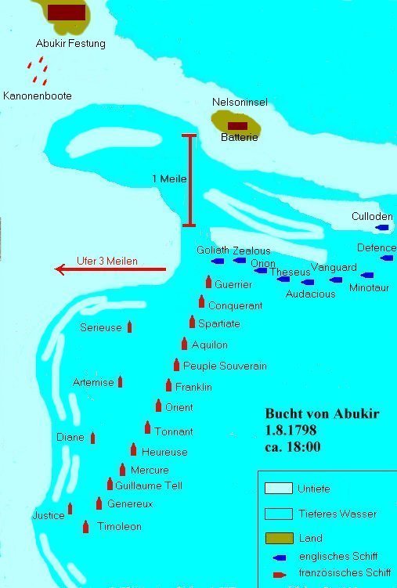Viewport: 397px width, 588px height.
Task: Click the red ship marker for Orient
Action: [158, 406]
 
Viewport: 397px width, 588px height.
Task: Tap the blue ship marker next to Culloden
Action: [383, 228]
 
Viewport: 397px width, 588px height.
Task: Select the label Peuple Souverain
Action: [225, 366]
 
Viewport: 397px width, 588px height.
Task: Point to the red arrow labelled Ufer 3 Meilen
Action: [110, 269]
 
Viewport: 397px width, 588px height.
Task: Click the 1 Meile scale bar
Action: [188, 181]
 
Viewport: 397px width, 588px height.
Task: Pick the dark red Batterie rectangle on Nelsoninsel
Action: [237, 125]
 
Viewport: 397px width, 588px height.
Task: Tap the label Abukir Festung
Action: [70, 44]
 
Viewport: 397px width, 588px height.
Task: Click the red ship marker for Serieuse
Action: [129, 326]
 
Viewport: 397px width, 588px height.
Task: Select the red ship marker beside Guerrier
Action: [208, 283]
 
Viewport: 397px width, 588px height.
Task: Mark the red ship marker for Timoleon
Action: [85, 527]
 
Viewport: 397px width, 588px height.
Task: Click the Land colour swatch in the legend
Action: [279, 539]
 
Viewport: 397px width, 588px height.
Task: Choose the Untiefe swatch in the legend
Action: [279, 489]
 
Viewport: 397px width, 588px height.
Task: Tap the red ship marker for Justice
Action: [70, 509]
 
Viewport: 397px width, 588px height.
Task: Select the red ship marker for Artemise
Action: [120, 382]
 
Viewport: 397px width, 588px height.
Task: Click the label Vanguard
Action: [334, 267]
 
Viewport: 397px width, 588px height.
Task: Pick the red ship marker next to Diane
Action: [93, 438]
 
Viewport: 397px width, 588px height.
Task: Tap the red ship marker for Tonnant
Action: [147, 427]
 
